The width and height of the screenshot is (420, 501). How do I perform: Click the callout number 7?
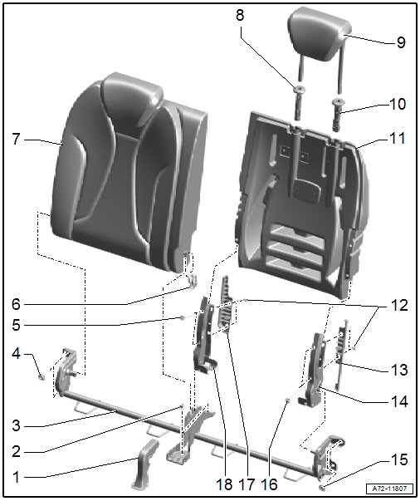[x=16, y=140]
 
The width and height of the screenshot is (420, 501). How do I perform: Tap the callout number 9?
[x=401, y=42]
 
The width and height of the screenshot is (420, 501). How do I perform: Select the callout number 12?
[x=398, y=306]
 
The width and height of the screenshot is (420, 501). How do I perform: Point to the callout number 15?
[x=398, y=459]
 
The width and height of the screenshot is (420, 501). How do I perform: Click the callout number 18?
[x=224, y=484]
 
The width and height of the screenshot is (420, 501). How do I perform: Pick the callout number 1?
[x=16, y=477]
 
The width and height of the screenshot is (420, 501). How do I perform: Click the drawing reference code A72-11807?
[x=389, y=489]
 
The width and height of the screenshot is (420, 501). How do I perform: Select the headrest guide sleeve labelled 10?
[x=338, y=115]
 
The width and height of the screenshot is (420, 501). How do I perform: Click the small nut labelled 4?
[x=42, y=377]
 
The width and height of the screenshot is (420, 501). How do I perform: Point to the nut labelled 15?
[x=322, y=487]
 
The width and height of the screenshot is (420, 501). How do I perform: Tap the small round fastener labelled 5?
[x=183, y=317]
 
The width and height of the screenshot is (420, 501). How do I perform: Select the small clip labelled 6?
[x=193, y=281]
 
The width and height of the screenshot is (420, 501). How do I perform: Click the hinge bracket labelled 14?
[x=313, y=371]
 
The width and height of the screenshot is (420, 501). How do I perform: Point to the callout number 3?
[x=16, y=425]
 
